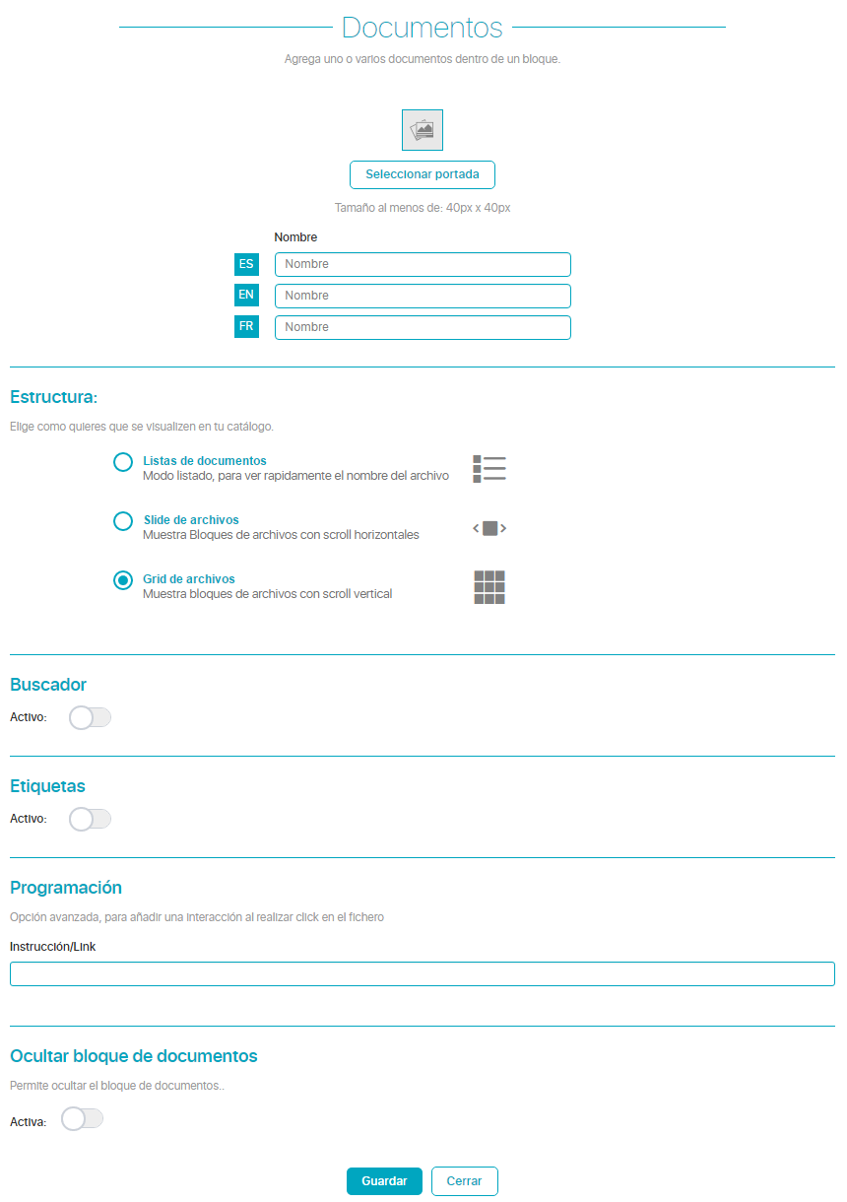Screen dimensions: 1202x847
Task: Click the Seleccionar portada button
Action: pyautogui.click(x=422, y=174)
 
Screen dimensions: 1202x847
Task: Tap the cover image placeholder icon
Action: pyautogui.click(x=423, y=130)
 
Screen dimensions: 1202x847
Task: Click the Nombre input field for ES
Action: pyautogui.click(x=423, y=264)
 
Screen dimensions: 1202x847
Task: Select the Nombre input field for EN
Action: pyautogui.click(x=423, y=296)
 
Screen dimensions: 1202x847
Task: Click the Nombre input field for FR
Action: pyautogui.click(x=423, y=327)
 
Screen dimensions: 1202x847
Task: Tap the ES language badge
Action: pyautogui.click(x=246, y=264)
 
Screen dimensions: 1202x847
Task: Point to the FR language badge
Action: pyautogui.click(x=246, y=327)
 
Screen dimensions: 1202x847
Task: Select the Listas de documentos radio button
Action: pyautogui.click(x=123, y=462)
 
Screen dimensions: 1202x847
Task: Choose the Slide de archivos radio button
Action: pyautogui.click(x=123, y=521)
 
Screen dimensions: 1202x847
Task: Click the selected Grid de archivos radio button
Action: pyautogui.click(x=123, y=580)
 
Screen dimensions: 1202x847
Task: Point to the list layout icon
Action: pyautogui.click(x=489, y=469)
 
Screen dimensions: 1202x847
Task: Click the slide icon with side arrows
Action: pyautogui.click(x=489, y=528)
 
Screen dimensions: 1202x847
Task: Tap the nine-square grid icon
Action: pyautogui.click(x=489, y=587)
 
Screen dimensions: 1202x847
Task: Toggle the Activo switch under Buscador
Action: pyautogui.click(x=90, y=717)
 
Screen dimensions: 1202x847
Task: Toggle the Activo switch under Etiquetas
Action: pyautogui.click(x=90, y=819)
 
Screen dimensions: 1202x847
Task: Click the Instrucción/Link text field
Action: pyautogui.click(x=423, y=973)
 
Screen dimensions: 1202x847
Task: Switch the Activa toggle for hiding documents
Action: pyautogui.click(x=82, y=1118)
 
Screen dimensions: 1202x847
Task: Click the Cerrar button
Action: pyautogui.click(x=464, y=1181)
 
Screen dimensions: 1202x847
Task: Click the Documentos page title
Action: pyautogui.click(x=423, y=28)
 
